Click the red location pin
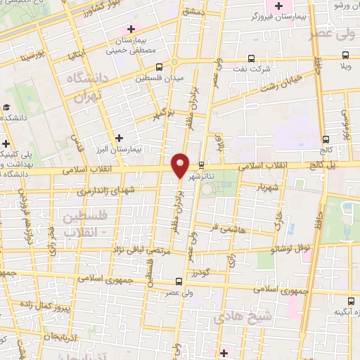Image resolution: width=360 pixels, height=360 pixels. click(180, 165)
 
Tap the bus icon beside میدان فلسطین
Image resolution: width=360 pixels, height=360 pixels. click(159, 67)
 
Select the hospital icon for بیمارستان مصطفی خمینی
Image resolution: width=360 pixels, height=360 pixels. click(130, 30)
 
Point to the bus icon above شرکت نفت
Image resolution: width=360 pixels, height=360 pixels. click(252, 59)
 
